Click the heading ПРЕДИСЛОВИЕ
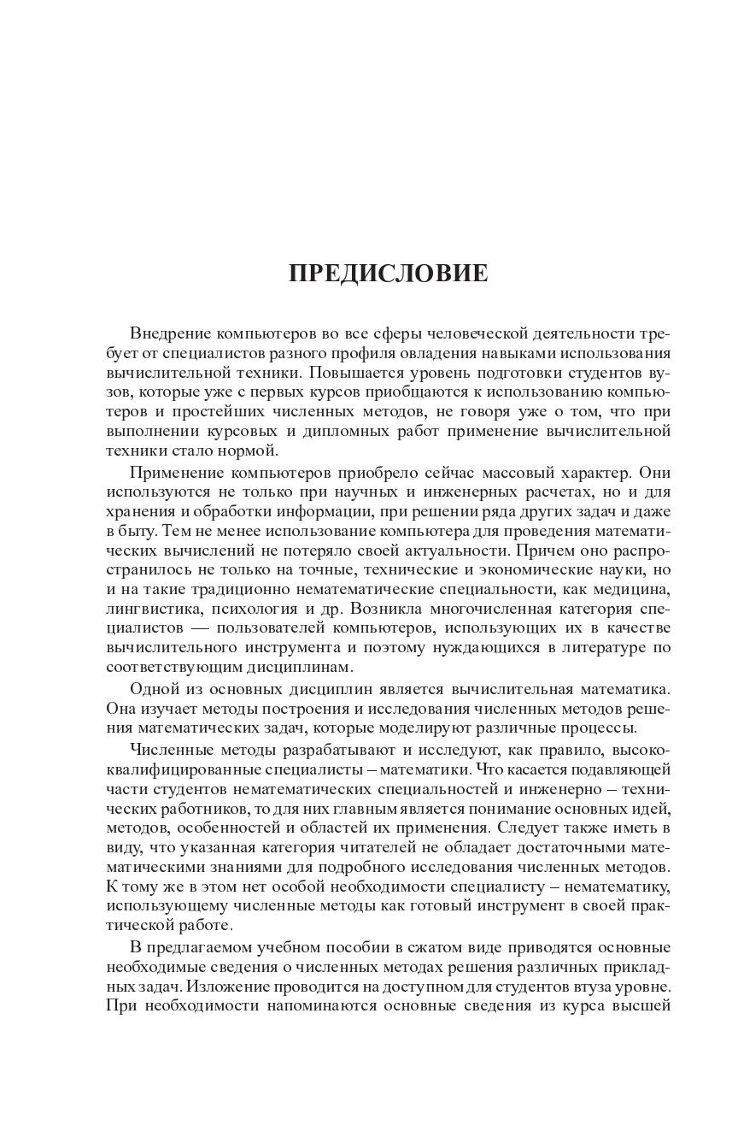click(389, 274)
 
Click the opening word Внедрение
click(169, 333)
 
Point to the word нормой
click(252, 451)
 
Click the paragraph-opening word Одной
click(153, 689)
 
